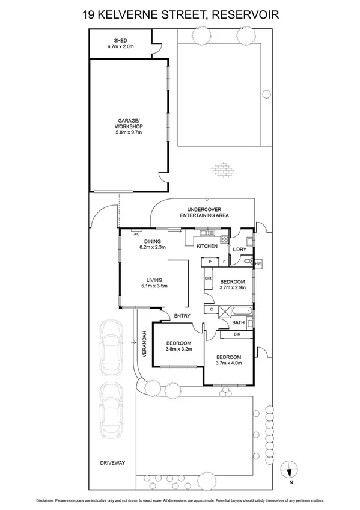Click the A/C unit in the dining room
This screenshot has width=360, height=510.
coord(136,231)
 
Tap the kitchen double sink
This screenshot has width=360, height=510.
coord(207,232)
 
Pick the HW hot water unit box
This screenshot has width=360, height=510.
coord(258,263)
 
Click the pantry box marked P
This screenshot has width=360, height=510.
coord(210,262)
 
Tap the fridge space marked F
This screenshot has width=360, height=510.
coord(224,262)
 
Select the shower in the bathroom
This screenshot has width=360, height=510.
coord(225,311)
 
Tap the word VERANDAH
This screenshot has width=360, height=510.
coord(144,344)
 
